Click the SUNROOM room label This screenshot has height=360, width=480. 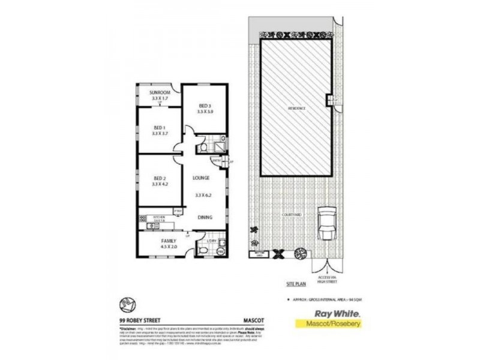[160, 92]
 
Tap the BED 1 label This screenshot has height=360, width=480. [159, 127]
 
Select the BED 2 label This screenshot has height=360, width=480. [159, 178]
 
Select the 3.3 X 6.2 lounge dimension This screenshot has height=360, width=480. [205, 195]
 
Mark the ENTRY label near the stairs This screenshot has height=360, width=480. [217, 161]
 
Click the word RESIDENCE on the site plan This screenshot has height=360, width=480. [296, 108]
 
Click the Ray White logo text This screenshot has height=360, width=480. [326, 313]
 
